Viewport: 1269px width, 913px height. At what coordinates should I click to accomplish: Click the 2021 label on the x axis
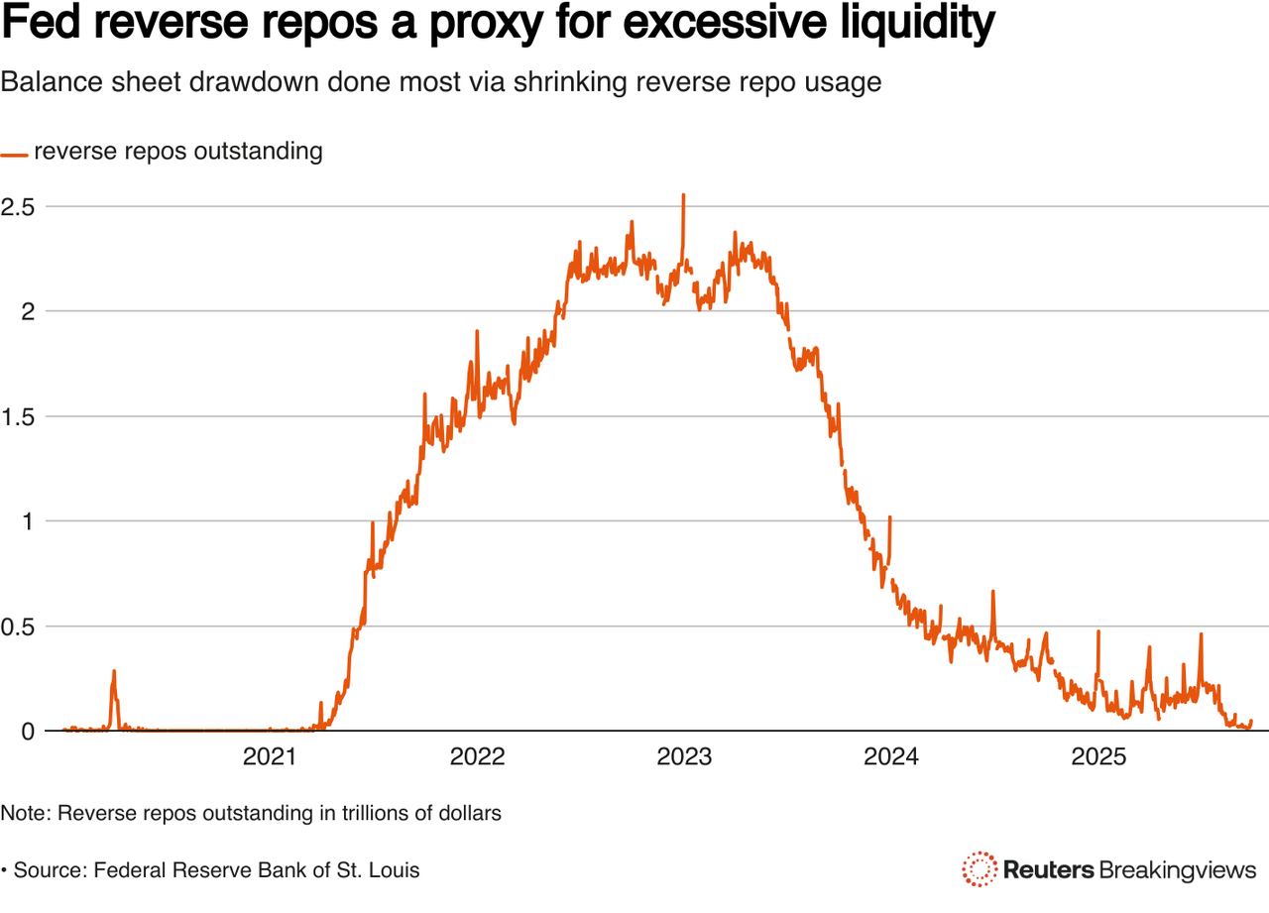tap(270, 757)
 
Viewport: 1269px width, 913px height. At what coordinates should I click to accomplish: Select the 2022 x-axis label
tap(477, 757)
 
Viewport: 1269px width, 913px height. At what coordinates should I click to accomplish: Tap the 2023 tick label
tap(684, 757)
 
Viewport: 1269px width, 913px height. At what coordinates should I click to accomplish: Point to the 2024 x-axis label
tap(891, 757)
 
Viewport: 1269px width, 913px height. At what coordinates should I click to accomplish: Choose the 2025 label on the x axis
tap(1098, 757)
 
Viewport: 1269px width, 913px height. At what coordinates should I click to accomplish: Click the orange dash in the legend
tap(14, 155)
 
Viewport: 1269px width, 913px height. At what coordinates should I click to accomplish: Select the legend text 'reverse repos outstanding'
tap(178, 152)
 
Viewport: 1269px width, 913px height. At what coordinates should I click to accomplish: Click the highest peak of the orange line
tap(683, 196)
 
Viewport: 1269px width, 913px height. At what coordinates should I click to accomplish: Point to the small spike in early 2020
tap(114, 673)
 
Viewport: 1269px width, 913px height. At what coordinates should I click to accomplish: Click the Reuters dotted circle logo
tap(980, 869)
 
